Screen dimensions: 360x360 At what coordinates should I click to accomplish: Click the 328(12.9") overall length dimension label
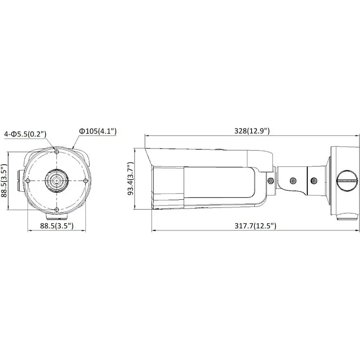pos(252,131)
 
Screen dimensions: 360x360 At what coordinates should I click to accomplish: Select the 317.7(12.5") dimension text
pos(255,226)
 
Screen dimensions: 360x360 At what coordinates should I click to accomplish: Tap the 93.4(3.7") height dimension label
pos(131,178)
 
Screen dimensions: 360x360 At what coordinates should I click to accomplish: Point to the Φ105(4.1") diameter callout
pos(98,131)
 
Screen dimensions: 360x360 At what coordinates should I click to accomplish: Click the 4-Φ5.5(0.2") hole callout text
pos(25,134)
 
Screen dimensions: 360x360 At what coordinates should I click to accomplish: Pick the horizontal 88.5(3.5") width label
pos(57,226)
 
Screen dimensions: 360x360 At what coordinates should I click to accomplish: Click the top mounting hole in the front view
pos(57,152)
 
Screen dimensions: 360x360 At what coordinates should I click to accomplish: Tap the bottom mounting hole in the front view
pos(57,210)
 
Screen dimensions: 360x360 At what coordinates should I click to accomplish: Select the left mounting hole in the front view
pos(28,181)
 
